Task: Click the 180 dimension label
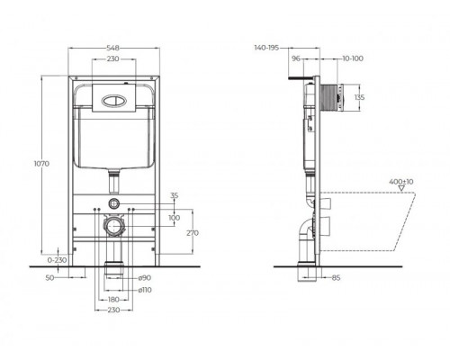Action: coord(113,299)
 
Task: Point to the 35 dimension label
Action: coord(173,193)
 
